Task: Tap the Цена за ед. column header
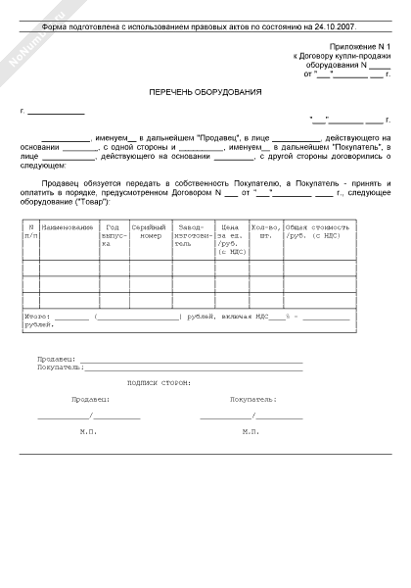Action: coord(231,239)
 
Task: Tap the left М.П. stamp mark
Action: coord(89,431)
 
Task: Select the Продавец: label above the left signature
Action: coord(91,400)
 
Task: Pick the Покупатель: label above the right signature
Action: coord(253,400)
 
